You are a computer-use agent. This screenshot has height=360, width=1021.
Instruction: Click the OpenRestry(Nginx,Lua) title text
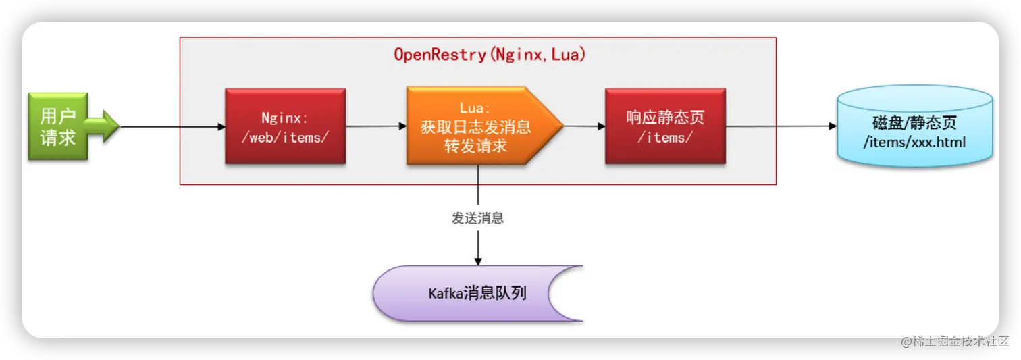click(x=490, y=55)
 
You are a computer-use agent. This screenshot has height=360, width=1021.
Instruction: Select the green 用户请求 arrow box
click(x=58, y=126)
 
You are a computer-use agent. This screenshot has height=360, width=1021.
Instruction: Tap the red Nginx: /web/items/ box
click(x=285, y=126)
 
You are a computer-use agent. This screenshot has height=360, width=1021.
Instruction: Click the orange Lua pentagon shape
click(x=477, y=126)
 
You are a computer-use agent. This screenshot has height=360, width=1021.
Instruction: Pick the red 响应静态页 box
click(x=665, y=126)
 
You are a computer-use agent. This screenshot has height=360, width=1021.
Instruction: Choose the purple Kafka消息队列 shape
click(x=473, y=293)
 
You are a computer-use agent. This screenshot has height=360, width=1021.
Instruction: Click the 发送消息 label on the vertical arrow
click(x=477, y=218)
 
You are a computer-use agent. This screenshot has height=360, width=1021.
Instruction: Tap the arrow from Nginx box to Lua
click(x=375, y=126)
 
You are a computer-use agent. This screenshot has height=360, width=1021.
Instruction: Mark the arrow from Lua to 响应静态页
click(x=584, y=126)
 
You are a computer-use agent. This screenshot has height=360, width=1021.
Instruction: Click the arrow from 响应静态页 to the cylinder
click(x=780, y=126)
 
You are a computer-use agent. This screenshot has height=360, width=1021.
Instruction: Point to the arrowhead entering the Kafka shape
click(x=478, y=261)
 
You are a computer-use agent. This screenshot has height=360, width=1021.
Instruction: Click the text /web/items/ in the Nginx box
click(x=285, y=138)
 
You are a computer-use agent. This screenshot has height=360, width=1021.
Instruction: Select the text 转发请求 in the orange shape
click(x=475, y=147)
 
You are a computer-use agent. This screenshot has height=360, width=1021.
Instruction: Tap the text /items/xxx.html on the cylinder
click(x=914, y=143)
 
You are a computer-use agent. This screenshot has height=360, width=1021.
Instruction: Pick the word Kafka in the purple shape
click(x=446, y=293)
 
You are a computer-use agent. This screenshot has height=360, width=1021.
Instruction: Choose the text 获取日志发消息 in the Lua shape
click(x=475, y=127)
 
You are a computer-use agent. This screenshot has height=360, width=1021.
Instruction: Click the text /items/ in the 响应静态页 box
click(x=665, y=137)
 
